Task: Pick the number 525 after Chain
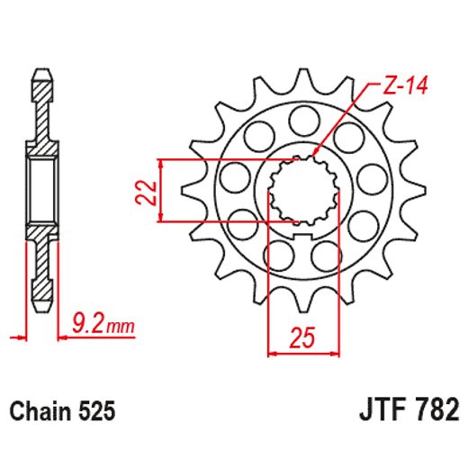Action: pos(95,412)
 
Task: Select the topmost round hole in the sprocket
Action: pos(303,118)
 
